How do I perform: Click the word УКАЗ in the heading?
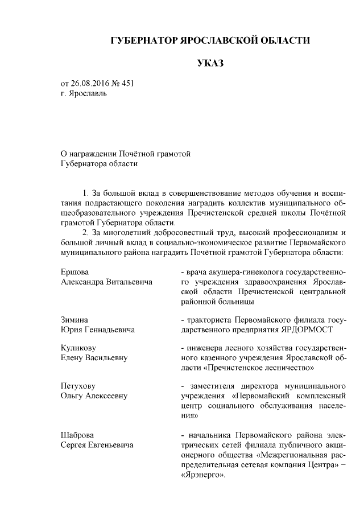coord(210,63)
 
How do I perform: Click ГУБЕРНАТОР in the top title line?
coord(143,40)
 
